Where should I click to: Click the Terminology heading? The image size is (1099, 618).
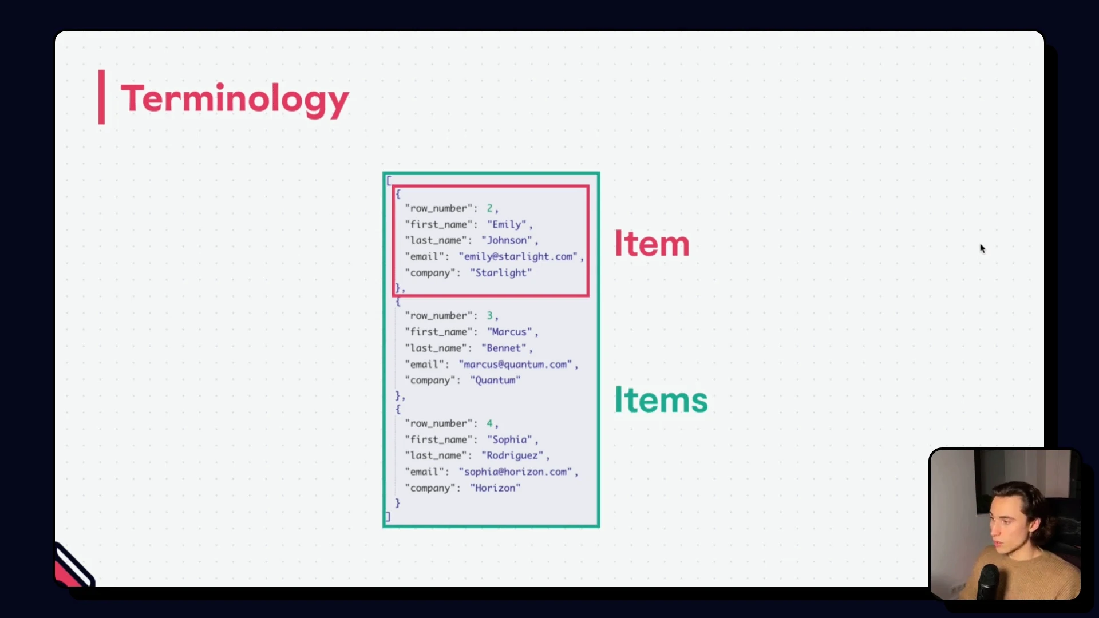point(235,99)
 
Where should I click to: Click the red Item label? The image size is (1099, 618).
point(651,244)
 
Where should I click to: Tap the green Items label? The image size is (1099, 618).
point(661,399)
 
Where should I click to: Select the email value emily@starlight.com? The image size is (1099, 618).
point(518,257)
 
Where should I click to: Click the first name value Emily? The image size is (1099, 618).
point(507,225)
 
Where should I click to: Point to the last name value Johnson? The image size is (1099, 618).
point(507,240)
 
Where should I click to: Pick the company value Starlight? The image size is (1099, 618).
point(501,273)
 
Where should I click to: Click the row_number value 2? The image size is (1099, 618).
point(489,208)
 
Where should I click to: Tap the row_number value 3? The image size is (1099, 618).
point(489,316)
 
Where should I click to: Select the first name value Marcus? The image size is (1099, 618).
point(509,332)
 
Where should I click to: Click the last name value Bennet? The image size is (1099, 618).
point(504,348)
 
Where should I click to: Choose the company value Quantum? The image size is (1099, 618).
point(495,381)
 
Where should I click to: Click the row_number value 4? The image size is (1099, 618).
point(489,423)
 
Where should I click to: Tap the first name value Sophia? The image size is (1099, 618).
point(509,439)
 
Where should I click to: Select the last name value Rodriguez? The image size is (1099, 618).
point(512,455)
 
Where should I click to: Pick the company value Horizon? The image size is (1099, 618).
point(495,488)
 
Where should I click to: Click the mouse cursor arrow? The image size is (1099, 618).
point(982,248)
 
